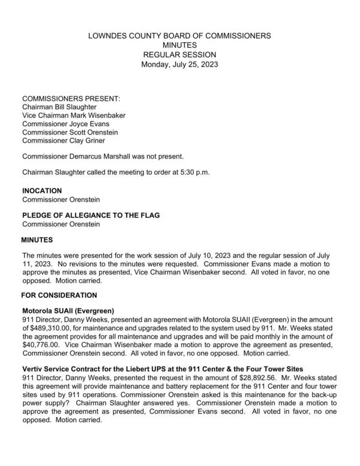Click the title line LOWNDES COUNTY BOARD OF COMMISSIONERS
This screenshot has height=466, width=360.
(x=179, y=36)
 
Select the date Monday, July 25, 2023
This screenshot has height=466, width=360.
(x=179, y=64)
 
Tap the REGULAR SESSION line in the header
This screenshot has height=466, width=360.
(x=179, y=55)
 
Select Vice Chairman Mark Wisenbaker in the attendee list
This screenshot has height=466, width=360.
(x=74, y=116)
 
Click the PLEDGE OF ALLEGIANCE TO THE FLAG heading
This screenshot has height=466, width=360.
(x=90, y=216)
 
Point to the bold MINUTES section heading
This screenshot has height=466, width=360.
(x=37, y=240)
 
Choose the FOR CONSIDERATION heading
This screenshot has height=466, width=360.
(x=59, y=295)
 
